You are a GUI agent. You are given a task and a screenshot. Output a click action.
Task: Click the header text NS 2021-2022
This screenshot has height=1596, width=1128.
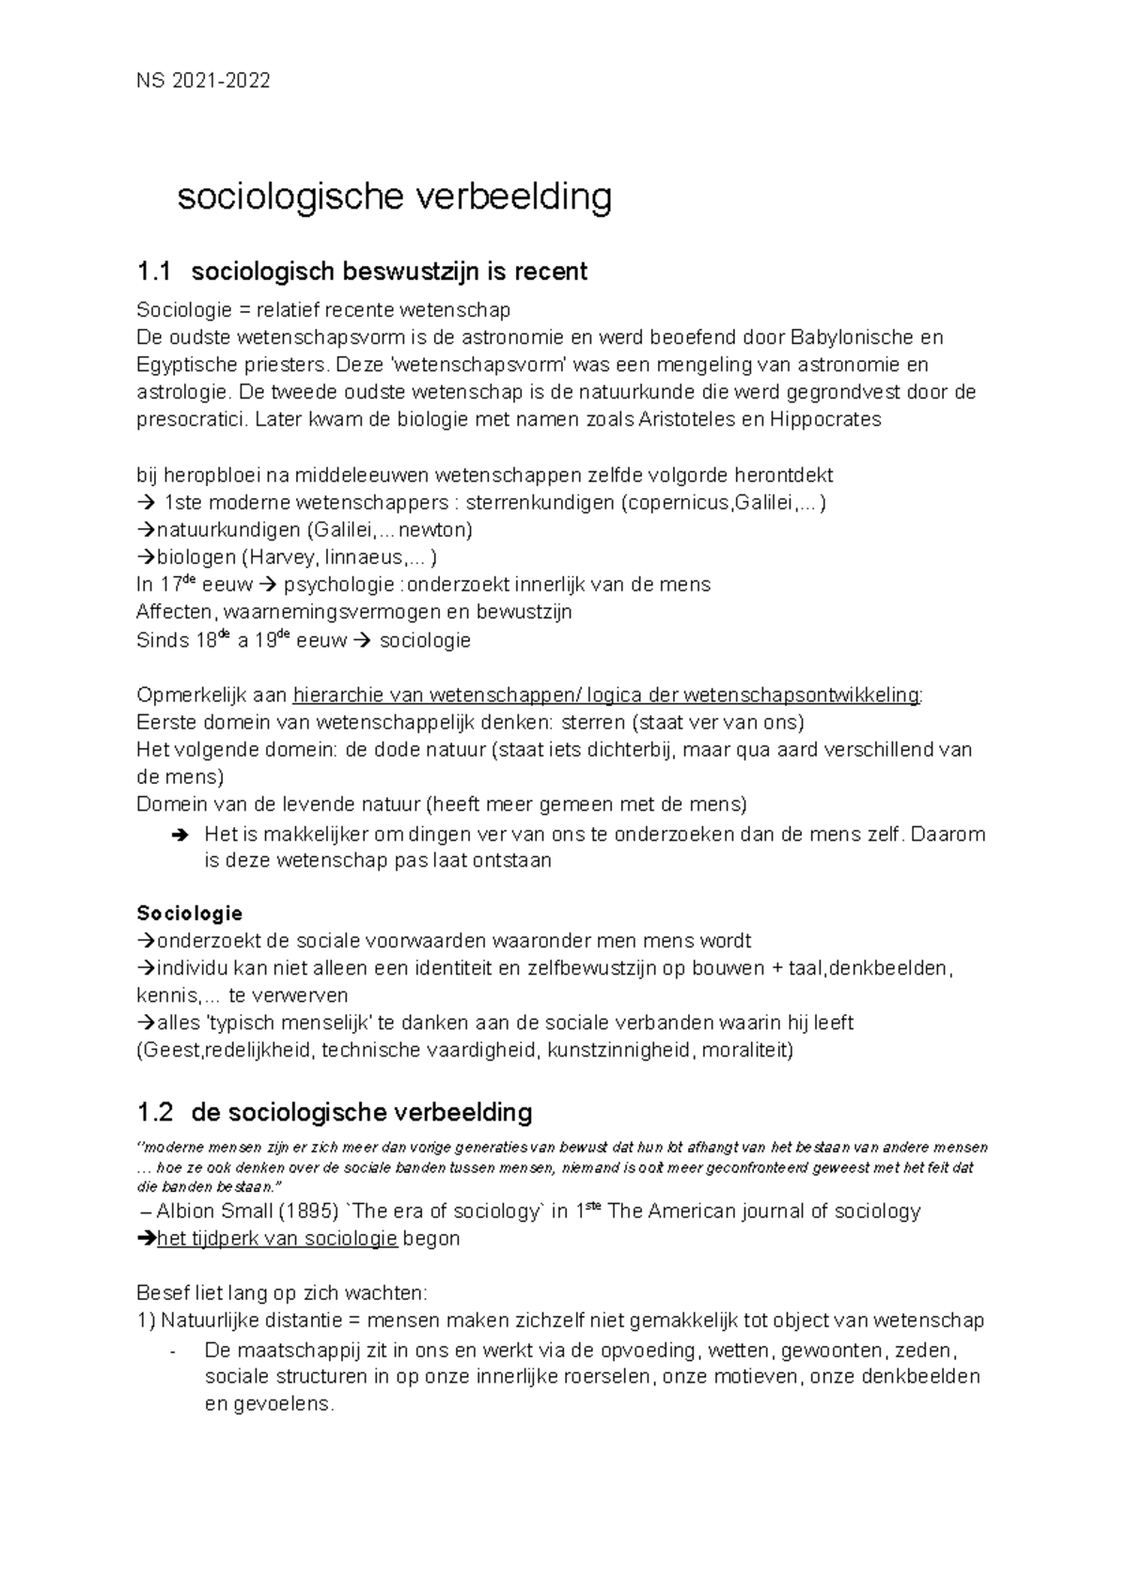pos(203,81)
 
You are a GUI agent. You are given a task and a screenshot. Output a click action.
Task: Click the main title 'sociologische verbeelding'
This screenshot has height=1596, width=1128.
pos(395,197)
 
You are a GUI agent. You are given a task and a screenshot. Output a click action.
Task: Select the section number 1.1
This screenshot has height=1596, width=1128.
pos(154,273)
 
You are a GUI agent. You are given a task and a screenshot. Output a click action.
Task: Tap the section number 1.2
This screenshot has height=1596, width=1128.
pos(154,1113)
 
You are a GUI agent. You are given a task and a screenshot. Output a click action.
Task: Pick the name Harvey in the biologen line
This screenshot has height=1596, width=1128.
pos(255,557)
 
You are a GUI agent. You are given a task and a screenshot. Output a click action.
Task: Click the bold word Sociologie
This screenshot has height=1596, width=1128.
pos(190,914)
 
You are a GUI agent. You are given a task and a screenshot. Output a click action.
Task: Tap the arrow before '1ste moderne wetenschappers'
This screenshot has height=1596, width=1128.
pos(147,503)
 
